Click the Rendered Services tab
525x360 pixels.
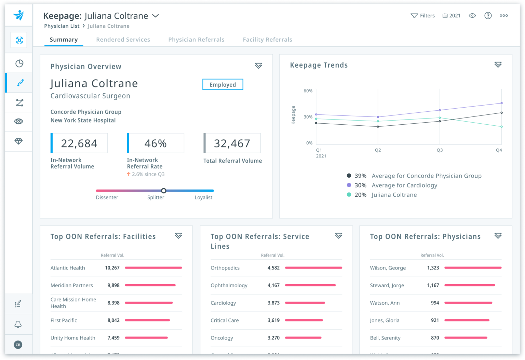click(123, 40)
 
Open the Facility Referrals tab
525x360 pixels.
click(267, 40)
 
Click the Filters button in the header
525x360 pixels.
click(423, 16)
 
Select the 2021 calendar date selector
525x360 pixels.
click(452, 16)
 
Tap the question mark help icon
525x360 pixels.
click(488, 16)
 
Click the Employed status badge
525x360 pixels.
click(223, 85)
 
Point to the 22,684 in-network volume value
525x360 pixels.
click(79, 143)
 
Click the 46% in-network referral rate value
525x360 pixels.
click(156, 143)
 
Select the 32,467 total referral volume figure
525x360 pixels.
click(232, 143)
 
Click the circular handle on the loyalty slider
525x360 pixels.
click(164, 191)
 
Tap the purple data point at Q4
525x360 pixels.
click(501, 103)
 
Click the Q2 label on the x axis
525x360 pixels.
click(378, 150)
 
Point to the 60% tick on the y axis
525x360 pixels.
click(308, 91)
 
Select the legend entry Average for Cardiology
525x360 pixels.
click(404, 185)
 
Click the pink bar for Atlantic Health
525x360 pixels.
click(153, 268)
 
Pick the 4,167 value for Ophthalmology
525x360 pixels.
click(273, 285)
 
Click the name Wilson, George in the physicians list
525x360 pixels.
click(388, 268)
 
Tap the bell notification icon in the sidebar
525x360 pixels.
click(18, 324)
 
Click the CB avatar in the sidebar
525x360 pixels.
click(18, 345)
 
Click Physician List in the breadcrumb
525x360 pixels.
click(62, 26)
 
